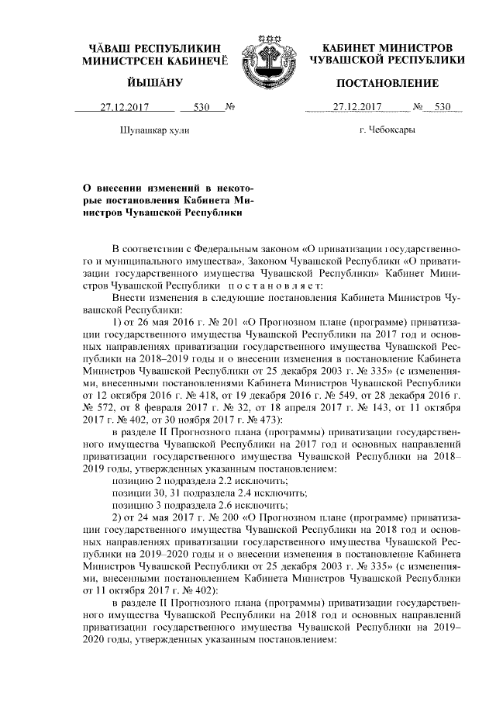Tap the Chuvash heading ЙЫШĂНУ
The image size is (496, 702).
(154, 83)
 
